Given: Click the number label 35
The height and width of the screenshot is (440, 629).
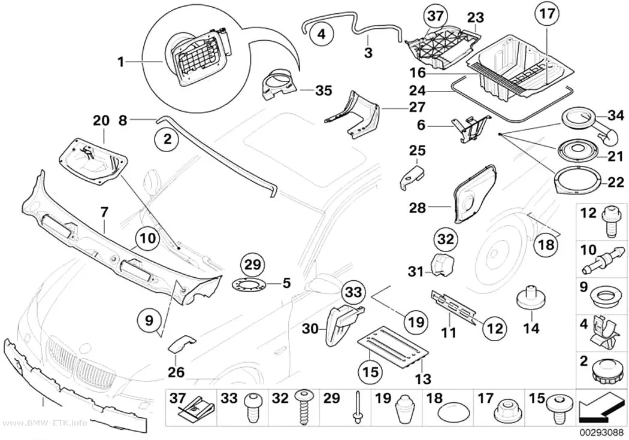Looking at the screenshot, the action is coord(323,90).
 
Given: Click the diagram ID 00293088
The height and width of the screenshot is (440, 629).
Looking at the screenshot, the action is coord(600,433).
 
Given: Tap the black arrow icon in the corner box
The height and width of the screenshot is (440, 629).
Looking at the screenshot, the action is coord(600,408).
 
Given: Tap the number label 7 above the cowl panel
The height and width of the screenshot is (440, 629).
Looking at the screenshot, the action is coord(104,213).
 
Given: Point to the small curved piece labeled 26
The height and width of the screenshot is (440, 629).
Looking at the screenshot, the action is coord(182,344).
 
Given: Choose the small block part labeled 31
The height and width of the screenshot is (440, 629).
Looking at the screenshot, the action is coord(442,265).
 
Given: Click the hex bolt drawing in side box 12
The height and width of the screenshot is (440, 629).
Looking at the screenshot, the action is coord(610,222).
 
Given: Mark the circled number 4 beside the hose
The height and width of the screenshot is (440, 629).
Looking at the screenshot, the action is coord(321,35).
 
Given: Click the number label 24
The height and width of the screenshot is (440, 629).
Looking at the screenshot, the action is coord(417,91).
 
